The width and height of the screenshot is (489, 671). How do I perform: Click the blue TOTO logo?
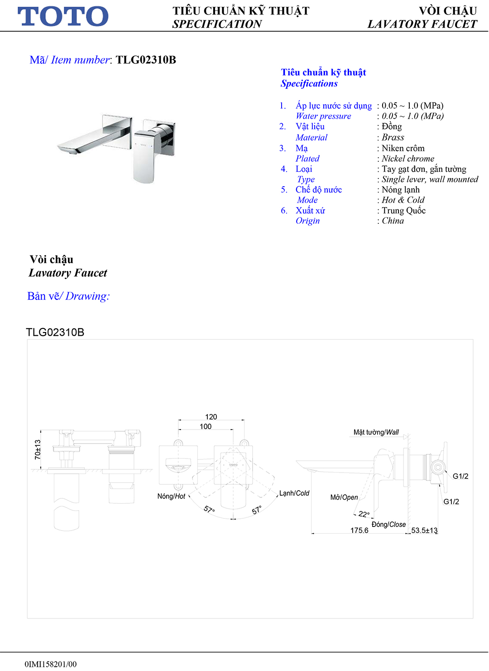[63, 16]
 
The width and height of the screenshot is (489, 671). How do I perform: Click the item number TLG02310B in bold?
[146, 60]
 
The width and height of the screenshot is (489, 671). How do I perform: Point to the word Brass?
[393, 137]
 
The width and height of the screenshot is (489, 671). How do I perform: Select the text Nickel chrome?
[407, 159]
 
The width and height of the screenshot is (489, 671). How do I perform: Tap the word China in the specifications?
[393, 221]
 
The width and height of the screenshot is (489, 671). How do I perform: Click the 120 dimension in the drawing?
[211, 417]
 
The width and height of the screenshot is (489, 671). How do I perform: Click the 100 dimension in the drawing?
[206, 426]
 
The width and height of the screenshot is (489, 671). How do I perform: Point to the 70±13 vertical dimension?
[38, 449]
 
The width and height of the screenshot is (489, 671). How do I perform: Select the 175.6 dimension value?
[359, 530]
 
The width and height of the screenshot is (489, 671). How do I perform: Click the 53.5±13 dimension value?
[424, 530]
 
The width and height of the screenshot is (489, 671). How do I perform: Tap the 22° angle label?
[364, 514]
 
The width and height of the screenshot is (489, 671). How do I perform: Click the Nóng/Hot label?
[171, 496]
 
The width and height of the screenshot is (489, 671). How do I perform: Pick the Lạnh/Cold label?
[294, 493]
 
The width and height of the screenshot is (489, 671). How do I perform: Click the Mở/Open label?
[344, 497]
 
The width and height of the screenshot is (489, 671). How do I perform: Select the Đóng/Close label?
[388, 524]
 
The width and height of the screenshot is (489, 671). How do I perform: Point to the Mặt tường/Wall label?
[376, 432]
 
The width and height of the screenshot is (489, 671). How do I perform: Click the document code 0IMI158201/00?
[51, 664]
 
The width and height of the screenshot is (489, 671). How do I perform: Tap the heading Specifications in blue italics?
[309, 83]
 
